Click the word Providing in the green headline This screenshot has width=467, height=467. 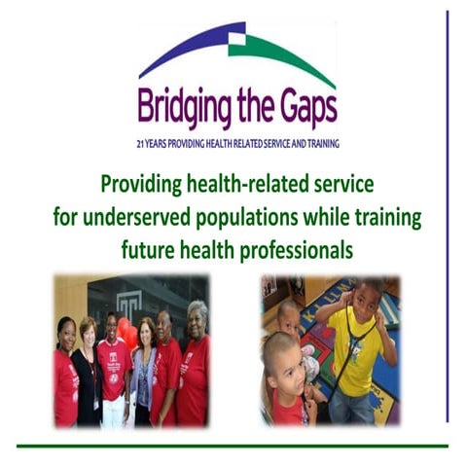click(x=143, y=182)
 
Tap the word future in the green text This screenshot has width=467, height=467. click(x=148, y=248)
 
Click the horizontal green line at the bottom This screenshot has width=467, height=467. click(x=233, y=447)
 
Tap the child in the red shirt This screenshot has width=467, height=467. click(x=286, y=389)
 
